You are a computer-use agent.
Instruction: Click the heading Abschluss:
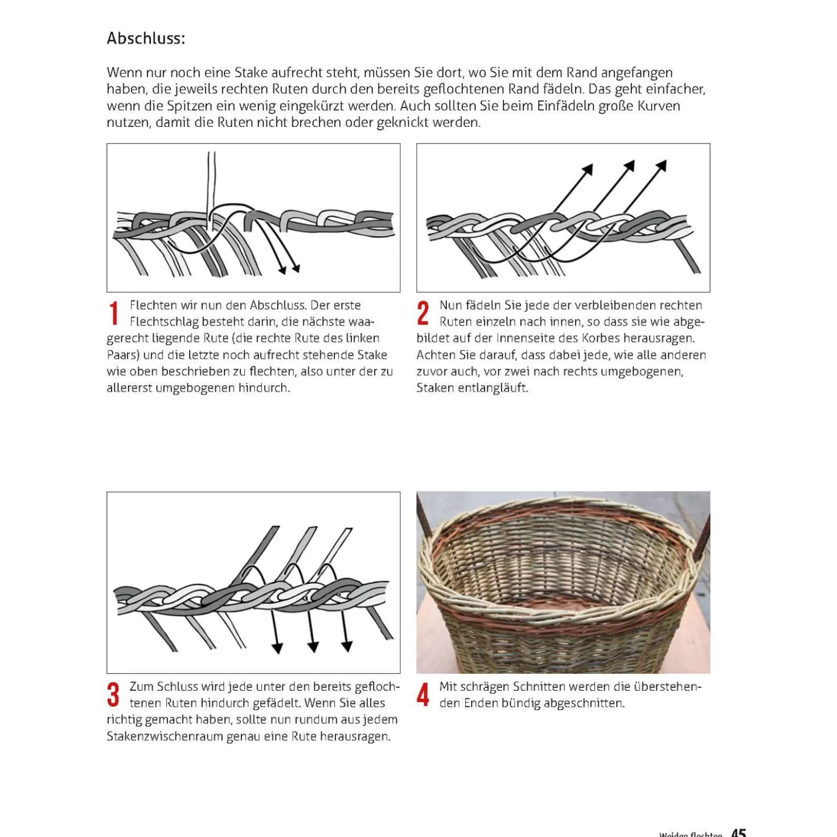(x=146, y=39)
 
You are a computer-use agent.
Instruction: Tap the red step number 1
(x=114, y=313)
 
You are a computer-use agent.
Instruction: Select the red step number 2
(x=422, y=313)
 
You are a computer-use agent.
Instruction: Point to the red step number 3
(x=113, y=694)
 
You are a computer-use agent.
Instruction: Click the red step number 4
(x=422, y=694)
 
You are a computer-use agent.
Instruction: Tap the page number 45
(x=738, y=832)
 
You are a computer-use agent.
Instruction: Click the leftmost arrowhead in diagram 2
(x=588, y=169)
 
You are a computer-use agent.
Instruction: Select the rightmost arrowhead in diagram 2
(x=661, y=166)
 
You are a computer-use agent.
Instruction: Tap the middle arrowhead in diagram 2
(x=629, y=166)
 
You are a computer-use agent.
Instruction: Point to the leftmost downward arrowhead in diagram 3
(x=277, y=649)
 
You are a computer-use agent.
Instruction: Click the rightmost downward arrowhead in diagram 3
(x=347, y=647)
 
